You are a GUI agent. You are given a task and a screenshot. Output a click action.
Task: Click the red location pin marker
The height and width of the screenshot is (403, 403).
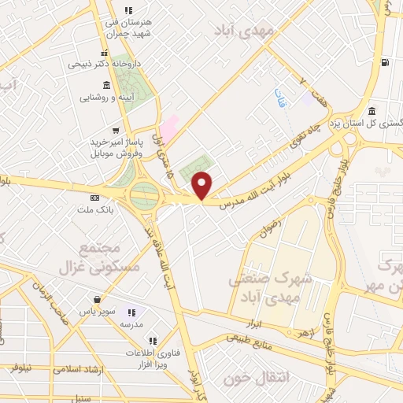click(203, 185)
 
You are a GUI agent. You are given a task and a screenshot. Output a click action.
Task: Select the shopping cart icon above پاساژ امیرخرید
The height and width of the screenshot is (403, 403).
click(116, 131)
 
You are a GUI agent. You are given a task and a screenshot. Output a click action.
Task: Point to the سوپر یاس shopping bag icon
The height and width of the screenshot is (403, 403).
click(97, 299)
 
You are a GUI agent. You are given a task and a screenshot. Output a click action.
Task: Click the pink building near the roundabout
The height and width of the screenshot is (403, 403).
click(168, 128)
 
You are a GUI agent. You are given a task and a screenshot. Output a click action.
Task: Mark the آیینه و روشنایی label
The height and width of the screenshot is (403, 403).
click(118, 98)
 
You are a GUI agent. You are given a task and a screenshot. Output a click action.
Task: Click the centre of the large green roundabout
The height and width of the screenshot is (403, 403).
click(145, 194)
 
